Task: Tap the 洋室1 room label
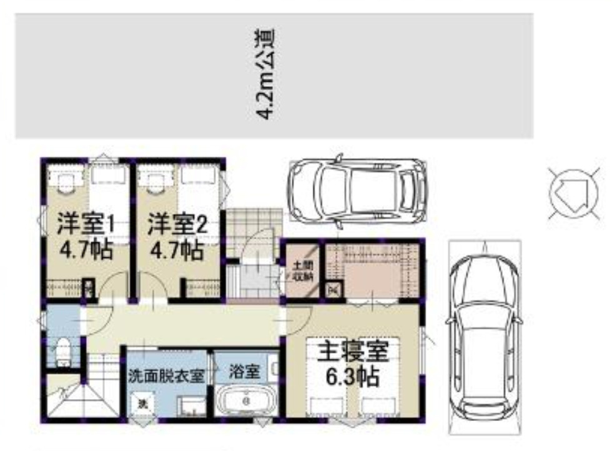point(87,224)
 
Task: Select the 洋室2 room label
point(177,224)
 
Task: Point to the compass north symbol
point(569,191)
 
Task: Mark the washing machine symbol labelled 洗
point(142,404)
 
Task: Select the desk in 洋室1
point(65,181)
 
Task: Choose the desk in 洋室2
point(155,181)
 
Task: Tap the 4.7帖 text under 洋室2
point(177,251)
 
